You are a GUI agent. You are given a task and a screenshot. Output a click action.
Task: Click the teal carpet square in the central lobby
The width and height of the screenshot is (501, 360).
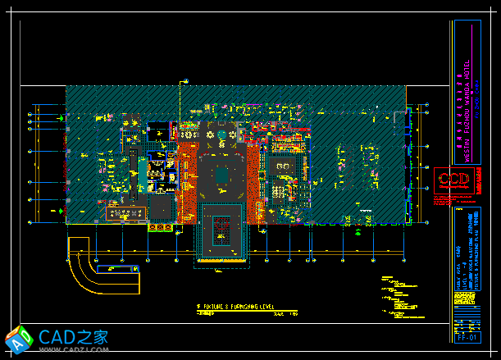[x=222, y=174]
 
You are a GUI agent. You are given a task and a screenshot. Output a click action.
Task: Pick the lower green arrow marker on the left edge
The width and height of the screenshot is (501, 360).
[x=62, y=210]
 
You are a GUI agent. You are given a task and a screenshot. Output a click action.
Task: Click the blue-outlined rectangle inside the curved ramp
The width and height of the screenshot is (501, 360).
[x=117, y=269]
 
